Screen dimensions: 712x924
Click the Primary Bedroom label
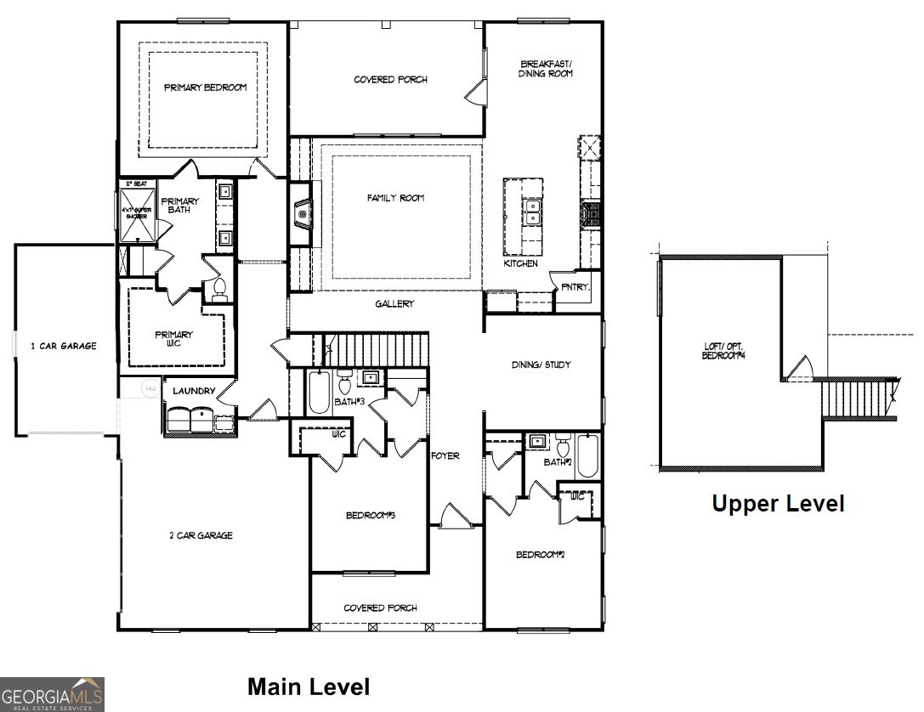point(205,88)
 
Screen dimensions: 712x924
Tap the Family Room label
point(395,198)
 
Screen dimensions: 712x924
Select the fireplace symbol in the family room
point(302,214)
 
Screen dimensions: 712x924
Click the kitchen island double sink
point(533,212)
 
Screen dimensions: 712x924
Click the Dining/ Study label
point(541,364)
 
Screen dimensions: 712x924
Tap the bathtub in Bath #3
point(319,393)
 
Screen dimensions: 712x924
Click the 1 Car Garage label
point(64,346)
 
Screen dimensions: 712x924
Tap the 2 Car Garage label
point(201,535)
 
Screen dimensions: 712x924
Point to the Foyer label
point(445,456)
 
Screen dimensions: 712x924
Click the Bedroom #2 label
point(540,555)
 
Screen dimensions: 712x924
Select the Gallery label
point(395,304)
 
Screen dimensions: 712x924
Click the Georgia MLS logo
point(53,693)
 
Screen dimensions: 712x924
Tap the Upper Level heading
point(778,504)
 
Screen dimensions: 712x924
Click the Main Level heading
point(309,687)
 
